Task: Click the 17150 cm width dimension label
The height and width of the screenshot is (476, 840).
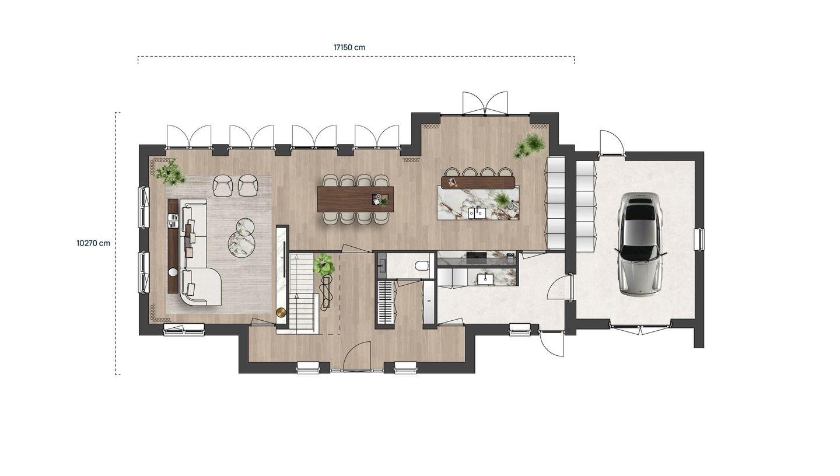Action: (x=349, y=47)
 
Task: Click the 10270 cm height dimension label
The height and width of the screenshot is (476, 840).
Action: (x=93, y=243)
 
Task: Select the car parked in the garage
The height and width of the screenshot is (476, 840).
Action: (x=640, y=244)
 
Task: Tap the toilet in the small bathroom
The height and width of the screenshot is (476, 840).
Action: (x=422, y=266)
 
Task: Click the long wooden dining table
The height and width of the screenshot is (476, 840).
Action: (x=355, y=199)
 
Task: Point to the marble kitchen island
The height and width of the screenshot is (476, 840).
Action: (x=478, y=203)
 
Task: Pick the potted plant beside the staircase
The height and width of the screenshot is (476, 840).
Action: (x=324, y=265)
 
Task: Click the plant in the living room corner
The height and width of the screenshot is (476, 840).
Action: (x=170, y=172)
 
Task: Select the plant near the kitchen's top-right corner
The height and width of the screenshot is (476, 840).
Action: (x=530, y=145)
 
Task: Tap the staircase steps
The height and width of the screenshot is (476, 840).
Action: (x=302, y=292)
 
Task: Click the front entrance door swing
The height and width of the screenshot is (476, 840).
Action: (x=357, y=356)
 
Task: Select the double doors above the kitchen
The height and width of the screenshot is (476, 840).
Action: (x=485, y=103)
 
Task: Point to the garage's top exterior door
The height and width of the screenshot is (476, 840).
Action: (x=611, y=143)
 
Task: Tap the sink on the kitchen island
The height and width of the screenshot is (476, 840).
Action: (x=477, y=213)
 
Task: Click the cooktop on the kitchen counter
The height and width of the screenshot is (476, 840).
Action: (x=477, y=255)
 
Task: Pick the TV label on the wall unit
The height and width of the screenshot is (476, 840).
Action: (x=282, y=257)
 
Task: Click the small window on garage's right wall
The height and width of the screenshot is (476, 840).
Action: (x=698, y=239)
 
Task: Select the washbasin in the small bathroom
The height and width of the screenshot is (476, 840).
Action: (x=381, y=266)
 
